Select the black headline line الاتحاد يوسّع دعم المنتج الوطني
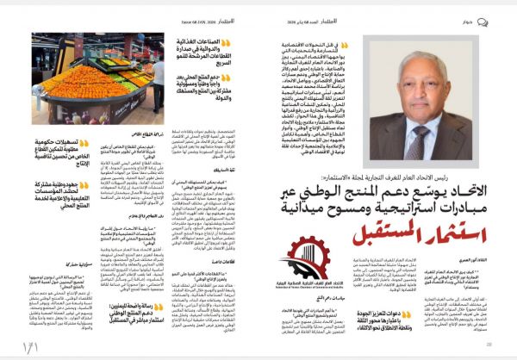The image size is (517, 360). pyautogui.click(x=380, y=183)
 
